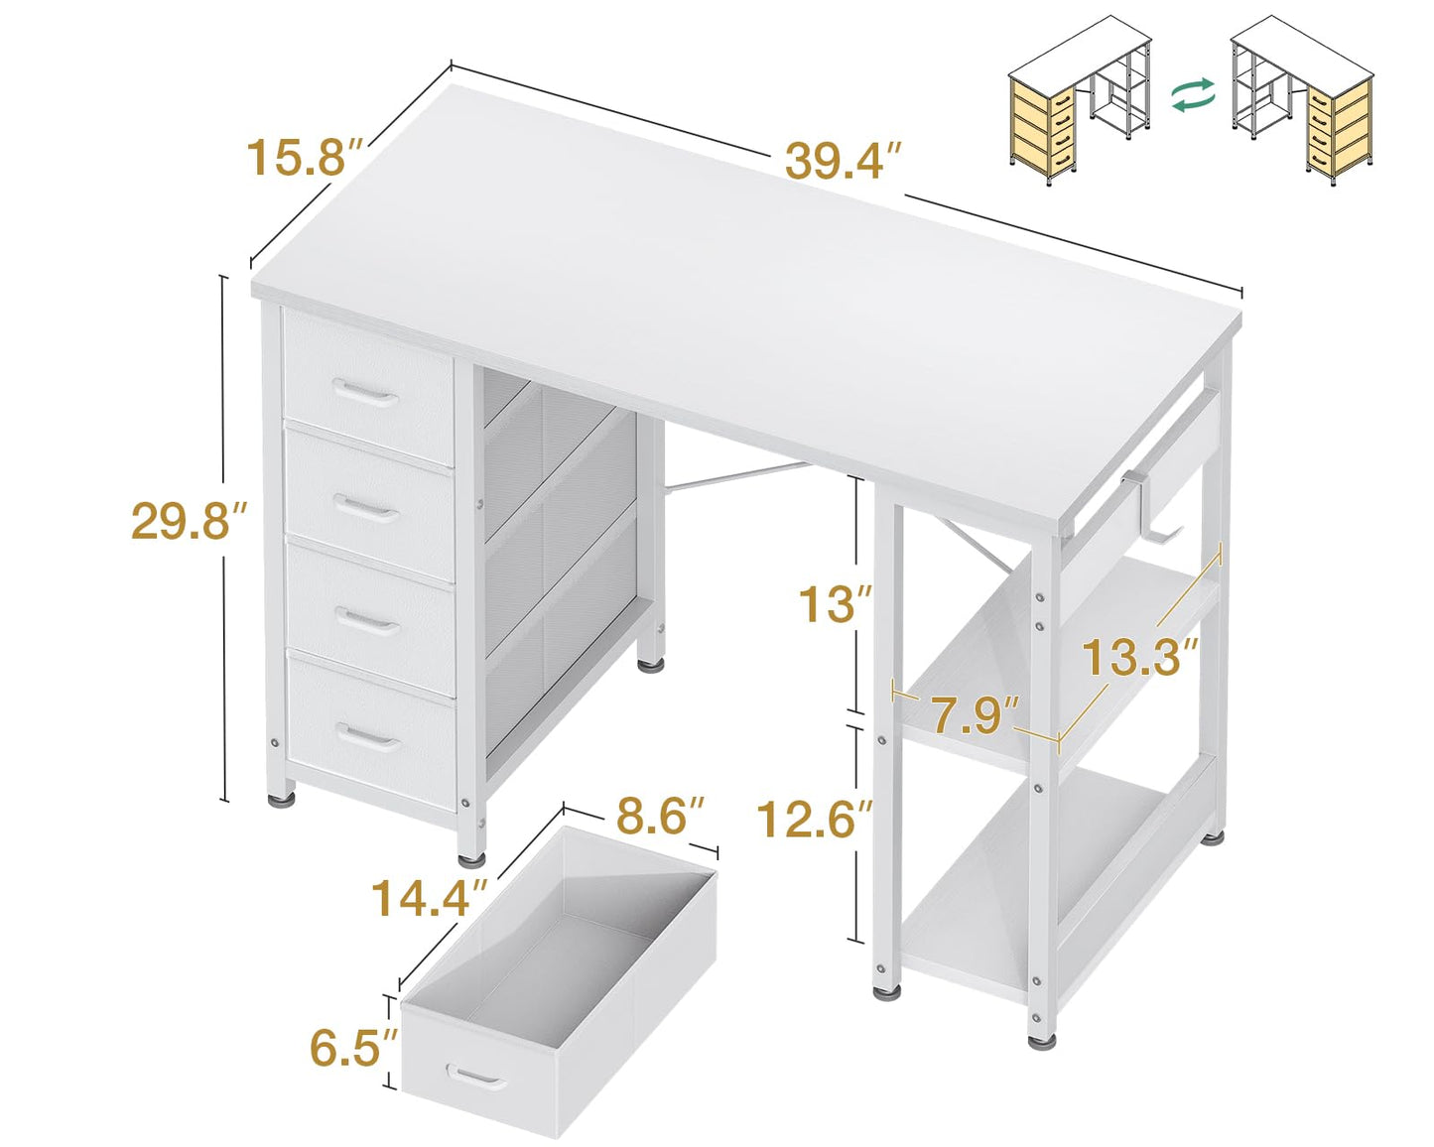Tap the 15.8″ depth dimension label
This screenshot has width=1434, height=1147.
point(308,158)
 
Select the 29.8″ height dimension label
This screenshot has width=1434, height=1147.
point(189,521)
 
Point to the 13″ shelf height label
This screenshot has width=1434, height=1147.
point(836,604)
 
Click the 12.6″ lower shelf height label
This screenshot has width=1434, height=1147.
point(814,820)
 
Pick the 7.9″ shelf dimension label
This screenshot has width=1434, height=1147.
point(975,714)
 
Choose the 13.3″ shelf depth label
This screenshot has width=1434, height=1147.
point(1139,657)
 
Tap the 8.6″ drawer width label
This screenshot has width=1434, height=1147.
point(660,817)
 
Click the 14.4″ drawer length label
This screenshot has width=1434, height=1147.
point(429,898)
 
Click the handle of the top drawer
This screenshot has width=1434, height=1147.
point(365,393)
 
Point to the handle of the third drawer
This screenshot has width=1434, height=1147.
point(368,621)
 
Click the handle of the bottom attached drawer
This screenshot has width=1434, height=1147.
point(368,737)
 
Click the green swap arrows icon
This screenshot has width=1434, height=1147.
point(1193,95)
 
